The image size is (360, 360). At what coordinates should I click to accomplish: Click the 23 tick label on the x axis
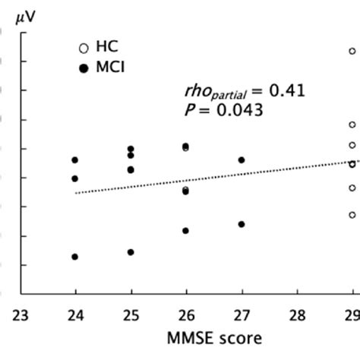[x=20, y=314]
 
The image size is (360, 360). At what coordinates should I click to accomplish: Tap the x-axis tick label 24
[x=75, y=314]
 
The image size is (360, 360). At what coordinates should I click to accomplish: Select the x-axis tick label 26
[x=186, y=314]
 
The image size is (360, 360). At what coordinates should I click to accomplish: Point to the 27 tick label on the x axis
[x=242, y=314]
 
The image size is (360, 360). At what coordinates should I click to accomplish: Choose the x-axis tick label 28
[x=297, y=314]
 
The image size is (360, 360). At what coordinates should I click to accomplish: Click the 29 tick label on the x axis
[x=351, y=314]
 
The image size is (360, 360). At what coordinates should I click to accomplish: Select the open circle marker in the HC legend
[x=84, y=48]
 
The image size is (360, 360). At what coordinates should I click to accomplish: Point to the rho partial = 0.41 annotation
[x=245, y=92]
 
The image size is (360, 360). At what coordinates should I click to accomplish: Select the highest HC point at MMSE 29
[x=352, y=52]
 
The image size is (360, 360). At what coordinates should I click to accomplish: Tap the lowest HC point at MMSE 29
[x=352, y=215]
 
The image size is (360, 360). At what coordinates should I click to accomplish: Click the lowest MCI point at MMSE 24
[x=75, y=257]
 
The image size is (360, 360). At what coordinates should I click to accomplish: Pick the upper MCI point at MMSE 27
[x=242, y=160]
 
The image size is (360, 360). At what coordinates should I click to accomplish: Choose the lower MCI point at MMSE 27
[x=242, y=224]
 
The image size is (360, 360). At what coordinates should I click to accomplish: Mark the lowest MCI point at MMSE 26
[x=186, y=230]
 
